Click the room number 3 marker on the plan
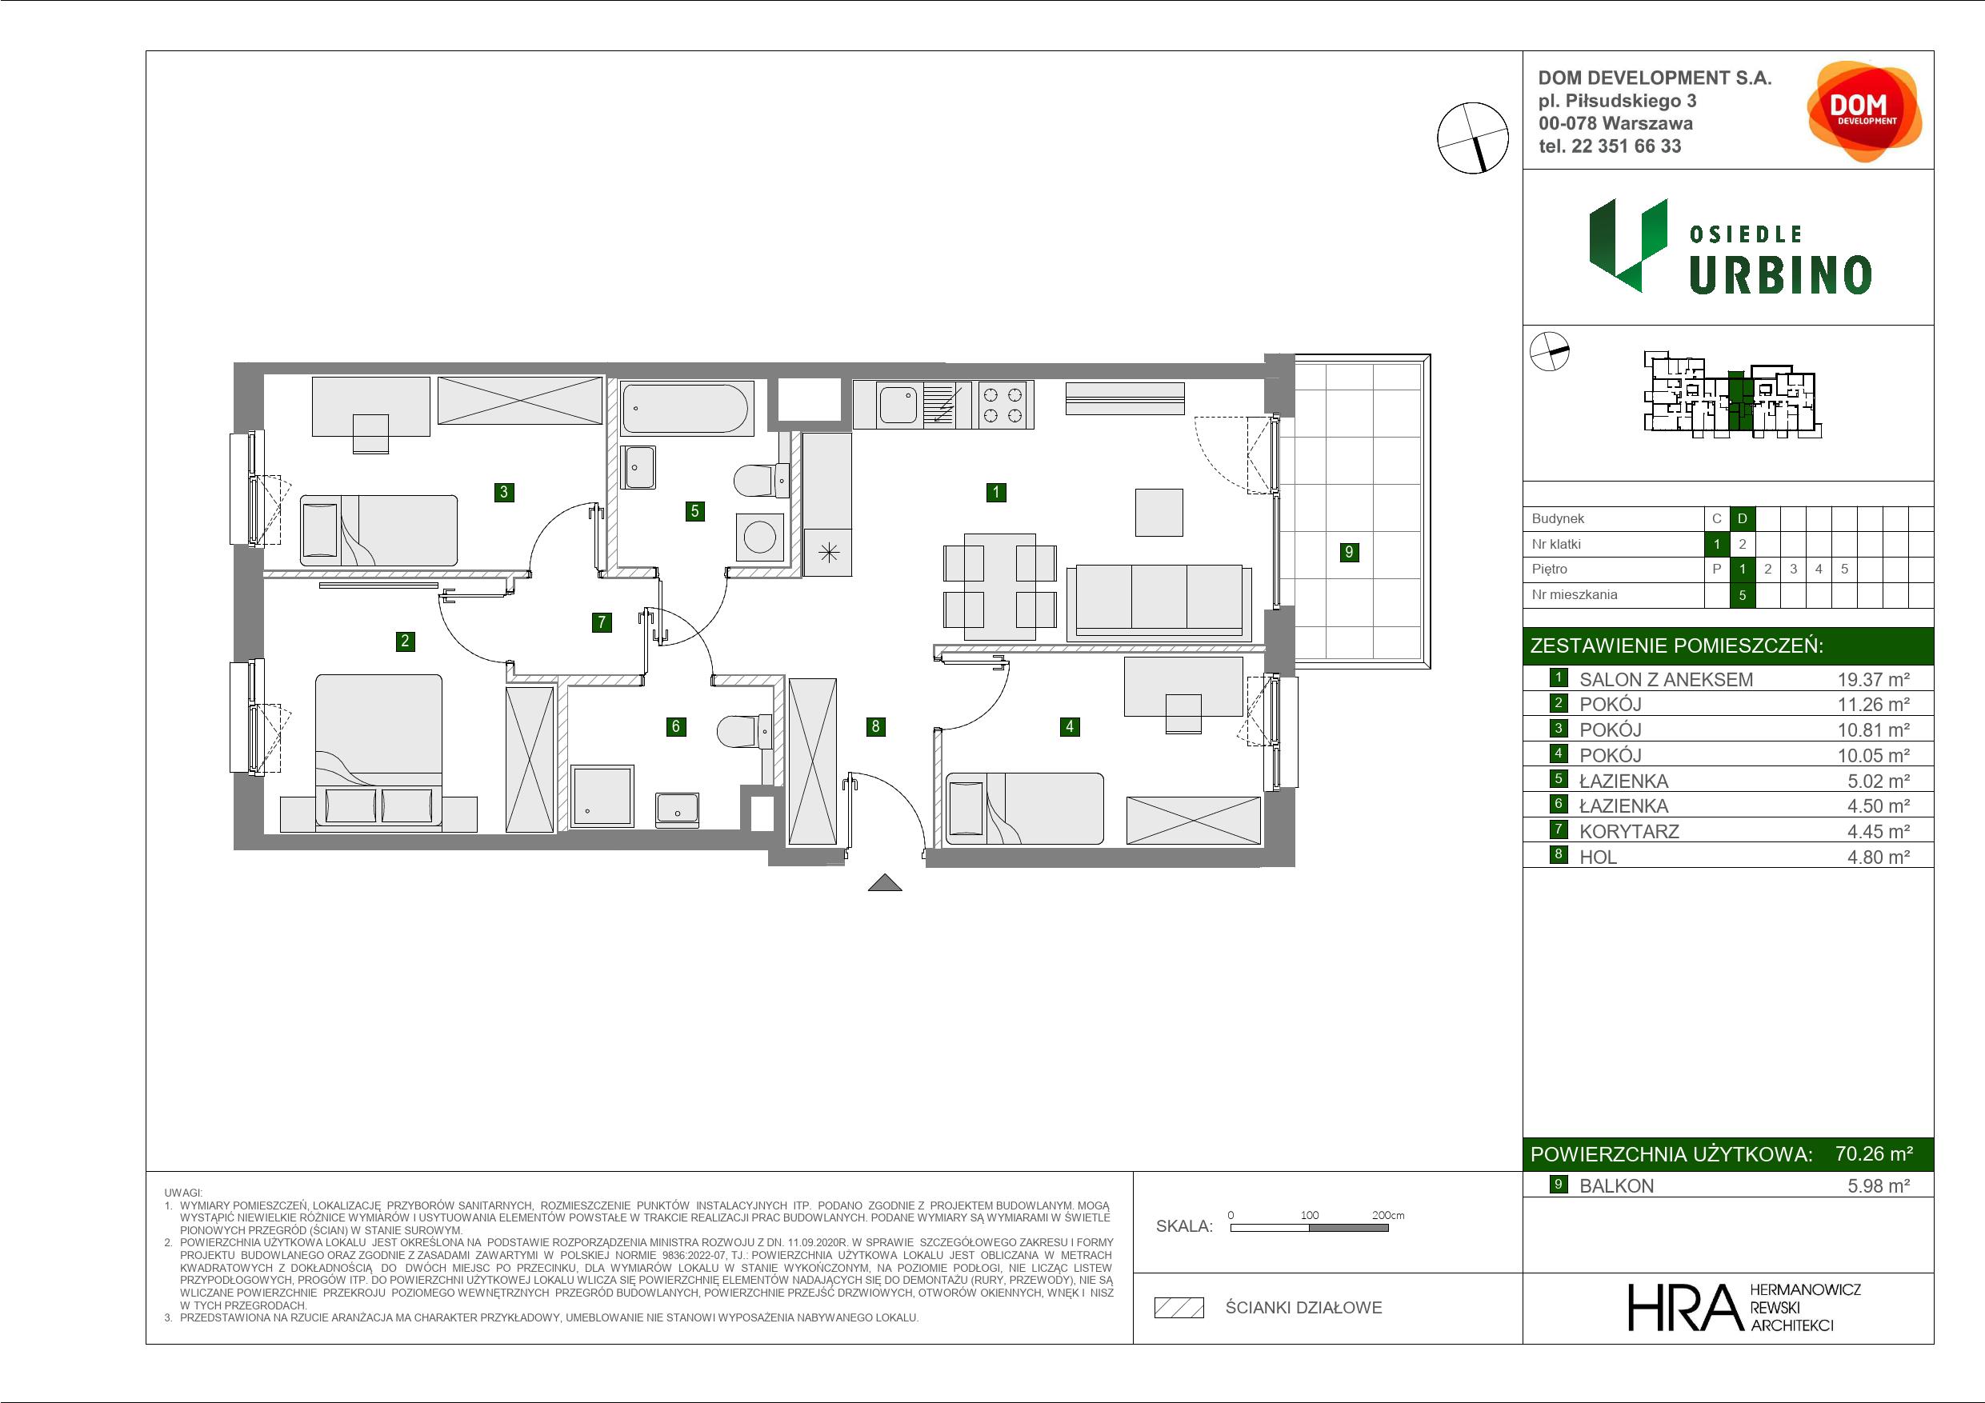(x=504, y=492)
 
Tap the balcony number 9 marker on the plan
(x=1349, y=551)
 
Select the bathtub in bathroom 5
(x=686, y=407)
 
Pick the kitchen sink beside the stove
(x=898, y=405)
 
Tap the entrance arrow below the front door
(x=883, y=882)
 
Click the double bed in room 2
(x=378, y=752)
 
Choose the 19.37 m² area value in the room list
(x=1874, y=679)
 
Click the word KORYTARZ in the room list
(x=1629, y=832)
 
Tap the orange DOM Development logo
(x=1864, y=111)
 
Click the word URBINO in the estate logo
(x=1780, y=275)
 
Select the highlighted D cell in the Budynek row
(x=1742, y=518)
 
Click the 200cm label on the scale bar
(x=1388, y=1214)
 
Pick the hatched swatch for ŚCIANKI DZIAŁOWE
(x=1179, y=1308)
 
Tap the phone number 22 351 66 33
(x=1627, y=146)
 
